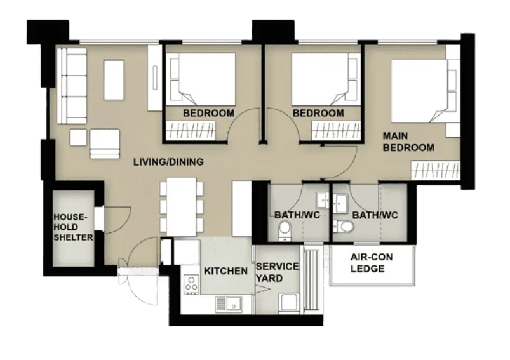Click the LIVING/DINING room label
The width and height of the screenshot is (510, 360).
[168, 162]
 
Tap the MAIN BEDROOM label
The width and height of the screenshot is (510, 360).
[408, 142]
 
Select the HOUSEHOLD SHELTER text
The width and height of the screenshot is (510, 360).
[72, 227]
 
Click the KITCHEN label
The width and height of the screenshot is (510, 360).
[225, 271]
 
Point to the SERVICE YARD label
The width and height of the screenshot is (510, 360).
[277, 272]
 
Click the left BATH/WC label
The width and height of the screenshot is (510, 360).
[297, 215]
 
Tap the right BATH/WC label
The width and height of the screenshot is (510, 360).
[375, 215]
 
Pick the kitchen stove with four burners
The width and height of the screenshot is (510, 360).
[191, 284]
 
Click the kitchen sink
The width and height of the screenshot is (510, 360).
[229, 304]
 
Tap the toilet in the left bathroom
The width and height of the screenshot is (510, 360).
[285, 234]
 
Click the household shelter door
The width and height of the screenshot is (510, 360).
[112, 219]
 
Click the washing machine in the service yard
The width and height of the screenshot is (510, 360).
[288, 303]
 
